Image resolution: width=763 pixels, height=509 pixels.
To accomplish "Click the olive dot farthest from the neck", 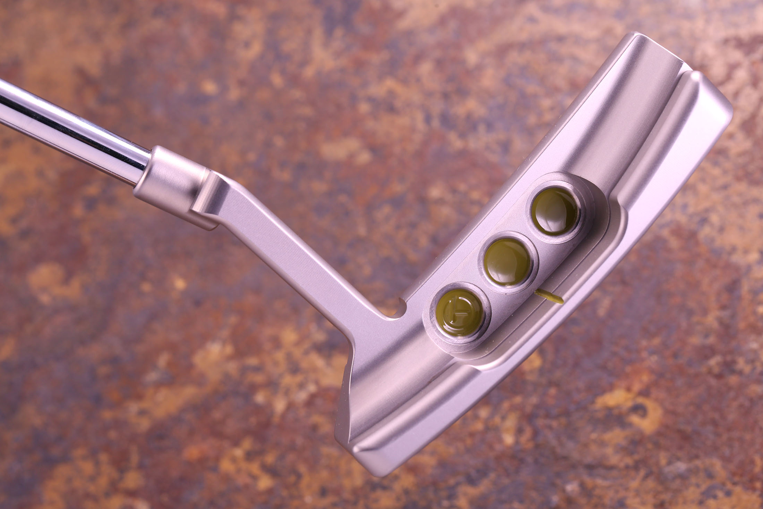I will coord(556,211).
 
